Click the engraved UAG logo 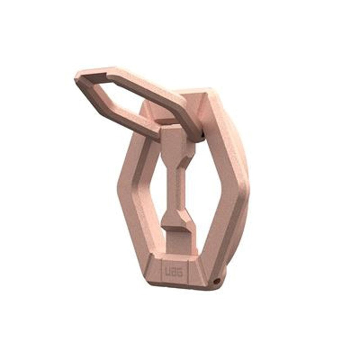pos(174,271)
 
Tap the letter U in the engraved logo pos(169,271)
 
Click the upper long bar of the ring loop pos(144,83)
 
